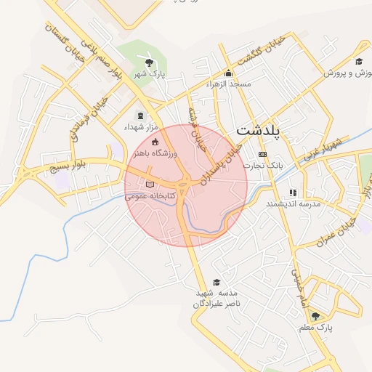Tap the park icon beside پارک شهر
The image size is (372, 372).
[150, 63]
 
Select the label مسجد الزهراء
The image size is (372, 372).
[229, 85]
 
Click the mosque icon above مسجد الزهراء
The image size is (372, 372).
[229, 73]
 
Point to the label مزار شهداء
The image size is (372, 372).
[140, 127]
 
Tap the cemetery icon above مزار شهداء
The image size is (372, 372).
[140, 116]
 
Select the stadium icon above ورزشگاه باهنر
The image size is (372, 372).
[154, 141]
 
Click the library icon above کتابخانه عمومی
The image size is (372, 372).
[150, 185]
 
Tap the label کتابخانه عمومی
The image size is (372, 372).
[150, 196]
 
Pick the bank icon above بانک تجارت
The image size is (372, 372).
[262, 155]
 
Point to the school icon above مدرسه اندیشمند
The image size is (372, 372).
[292, 193]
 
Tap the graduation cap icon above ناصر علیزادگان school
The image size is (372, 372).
[216, 282]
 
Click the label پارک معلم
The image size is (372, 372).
[315, 328]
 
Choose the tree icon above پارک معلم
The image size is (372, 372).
[315, 316]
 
